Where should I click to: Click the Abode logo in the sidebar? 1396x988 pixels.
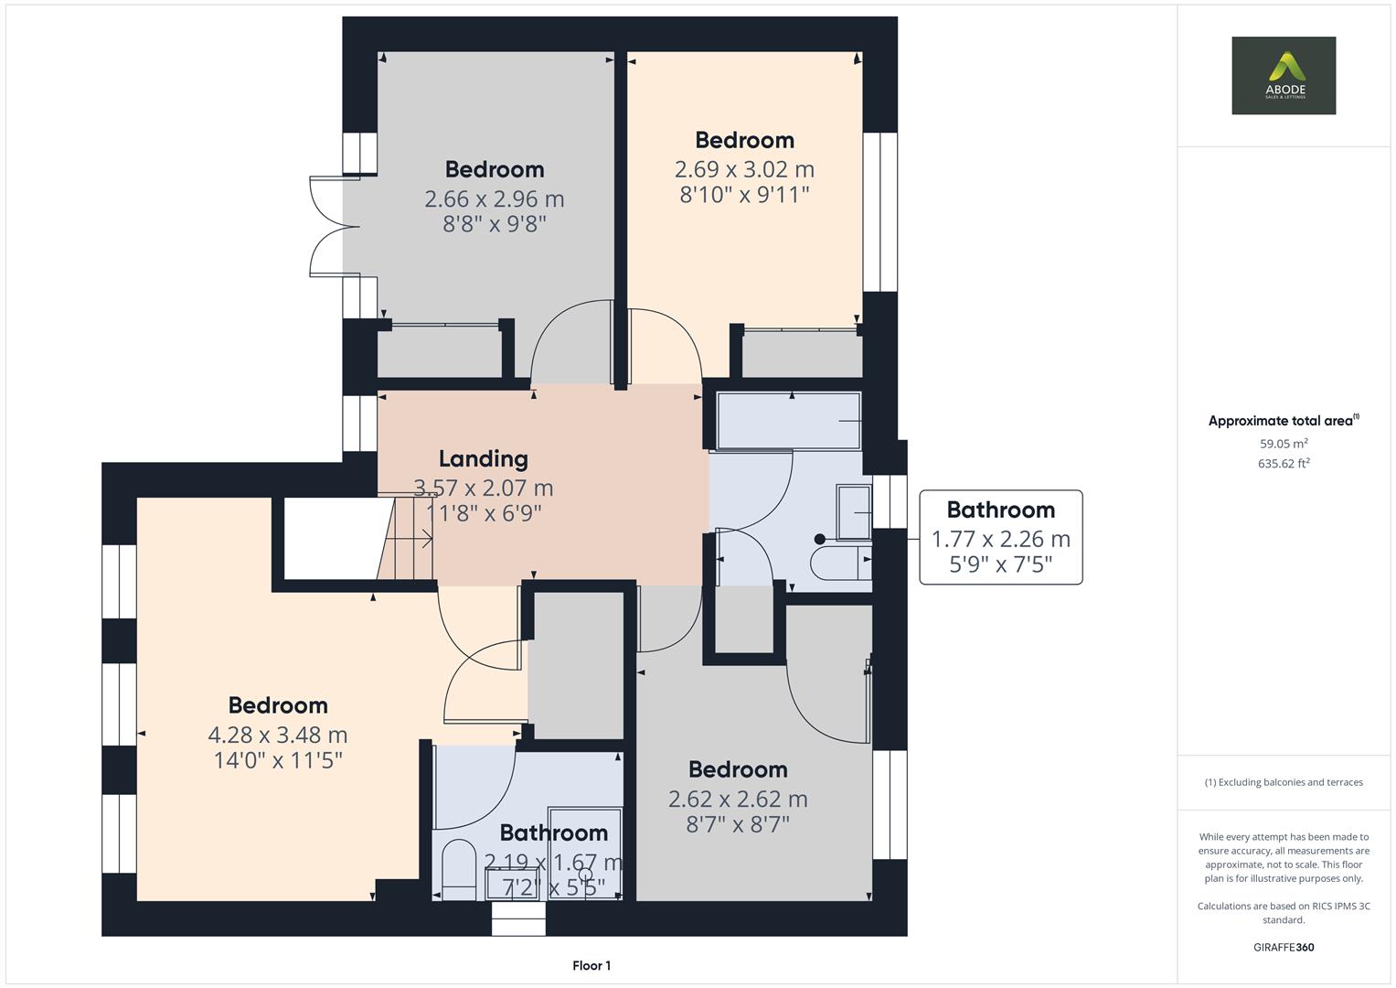(1283, 76)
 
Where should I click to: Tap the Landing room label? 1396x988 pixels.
(483, 458)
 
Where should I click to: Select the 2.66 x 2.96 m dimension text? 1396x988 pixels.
(494, 199)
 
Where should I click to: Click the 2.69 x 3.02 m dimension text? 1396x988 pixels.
(744, 169)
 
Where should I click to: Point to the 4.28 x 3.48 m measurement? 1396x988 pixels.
(278, 735)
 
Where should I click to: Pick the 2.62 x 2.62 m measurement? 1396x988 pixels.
(738, 799)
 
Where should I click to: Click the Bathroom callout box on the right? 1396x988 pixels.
(1000, 537)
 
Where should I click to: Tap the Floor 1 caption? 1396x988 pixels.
(591, 965)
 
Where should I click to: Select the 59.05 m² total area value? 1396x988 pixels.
(1284, 444)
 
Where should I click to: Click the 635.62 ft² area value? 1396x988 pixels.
(1284, 463)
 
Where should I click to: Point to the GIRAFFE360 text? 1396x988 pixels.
(1284, 947)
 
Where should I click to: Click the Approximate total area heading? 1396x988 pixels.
(1284, 421)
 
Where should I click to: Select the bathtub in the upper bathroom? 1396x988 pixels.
(789, 420)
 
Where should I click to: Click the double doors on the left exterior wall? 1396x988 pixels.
(327, 224)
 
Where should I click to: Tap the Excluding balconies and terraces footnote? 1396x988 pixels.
(1284, 782)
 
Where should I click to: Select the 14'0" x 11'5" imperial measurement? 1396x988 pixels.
(278, 759)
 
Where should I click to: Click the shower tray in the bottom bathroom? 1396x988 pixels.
(585, 853)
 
